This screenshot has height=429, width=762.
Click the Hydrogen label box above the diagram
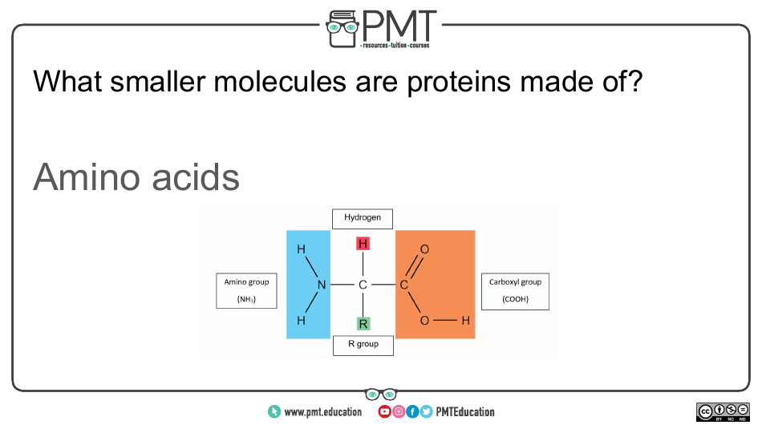pos(363,218)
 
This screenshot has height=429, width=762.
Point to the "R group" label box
pos(363,345)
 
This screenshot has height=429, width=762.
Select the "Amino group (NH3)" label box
pos(246,291)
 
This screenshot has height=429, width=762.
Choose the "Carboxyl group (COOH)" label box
pos(515,291)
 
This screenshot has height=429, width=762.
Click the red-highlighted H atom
pos(363,244)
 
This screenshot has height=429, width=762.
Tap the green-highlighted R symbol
pos(363,324)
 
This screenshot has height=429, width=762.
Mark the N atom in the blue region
pos(321,285)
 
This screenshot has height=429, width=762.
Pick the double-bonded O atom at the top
pos(424,249)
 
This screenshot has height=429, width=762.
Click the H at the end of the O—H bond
pos(465,321)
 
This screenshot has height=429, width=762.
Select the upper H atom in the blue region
pos(301,249)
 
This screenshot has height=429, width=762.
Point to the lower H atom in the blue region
pos(301,321)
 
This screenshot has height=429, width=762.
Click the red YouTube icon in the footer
pos(384,412)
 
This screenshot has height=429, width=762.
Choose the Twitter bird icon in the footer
pos(426,412)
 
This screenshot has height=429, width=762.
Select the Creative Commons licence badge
pos(723,412)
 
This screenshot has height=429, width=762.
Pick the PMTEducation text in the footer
pos(465,412)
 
